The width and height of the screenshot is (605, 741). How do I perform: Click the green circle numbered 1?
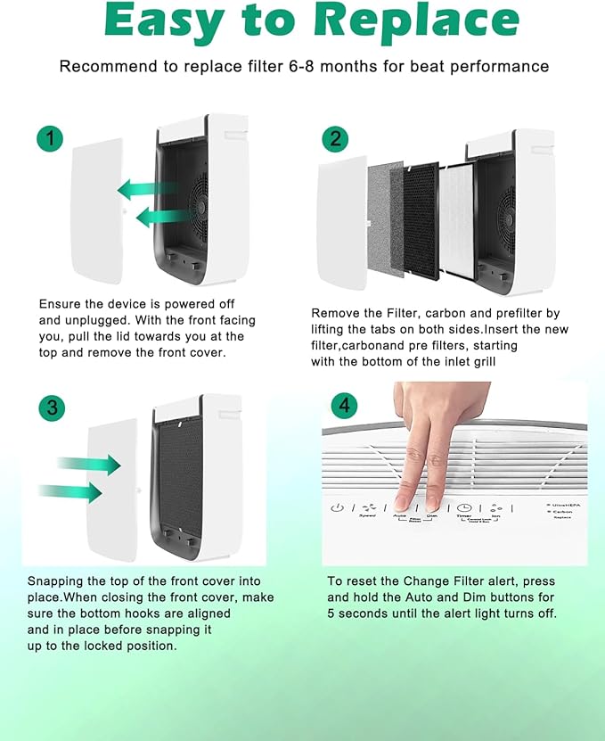(51, 138)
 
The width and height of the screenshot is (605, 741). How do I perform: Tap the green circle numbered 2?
(336, 138)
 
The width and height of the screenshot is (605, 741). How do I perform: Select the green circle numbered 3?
(53, 408)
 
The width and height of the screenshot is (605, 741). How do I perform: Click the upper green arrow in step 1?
(148, 188)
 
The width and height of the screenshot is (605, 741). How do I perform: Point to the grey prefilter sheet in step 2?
(385, 223)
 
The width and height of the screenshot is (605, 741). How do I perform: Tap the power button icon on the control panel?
(337, 508)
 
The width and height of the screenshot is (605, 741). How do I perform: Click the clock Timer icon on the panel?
(464, 507)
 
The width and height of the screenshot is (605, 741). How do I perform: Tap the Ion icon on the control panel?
(496, 507)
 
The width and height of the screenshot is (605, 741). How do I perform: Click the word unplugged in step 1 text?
(63, 320)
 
